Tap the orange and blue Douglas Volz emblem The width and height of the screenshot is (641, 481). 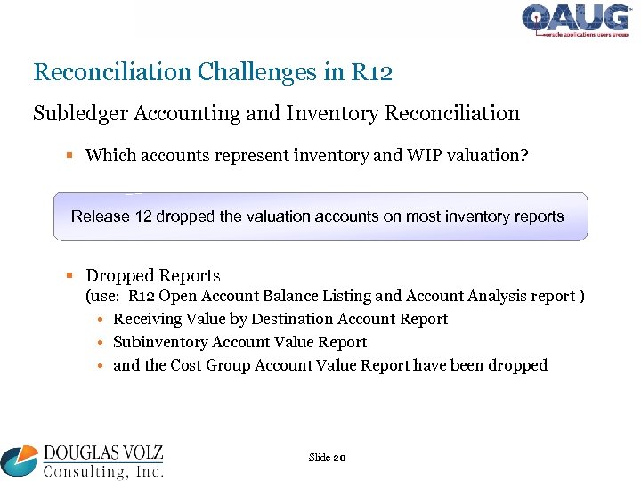click(x=20, y=461)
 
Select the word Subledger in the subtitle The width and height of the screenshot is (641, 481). click(x=75, y=113)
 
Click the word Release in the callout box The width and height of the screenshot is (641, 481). click(x=101, y=216)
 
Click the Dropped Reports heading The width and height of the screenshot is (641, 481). click(x=152, y=275)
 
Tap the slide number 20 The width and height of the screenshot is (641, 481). click(x=339, y=457)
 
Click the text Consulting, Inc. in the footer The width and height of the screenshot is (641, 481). click(x=102, y=469)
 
